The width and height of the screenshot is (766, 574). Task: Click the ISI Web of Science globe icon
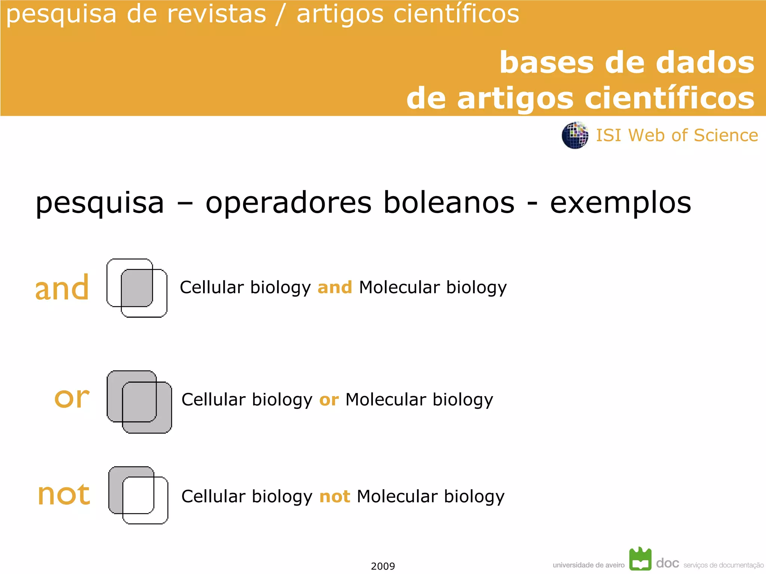pos(575,135)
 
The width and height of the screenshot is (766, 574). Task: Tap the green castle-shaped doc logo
pos(640,559)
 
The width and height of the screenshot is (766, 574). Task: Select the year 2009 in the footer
pos(383,566)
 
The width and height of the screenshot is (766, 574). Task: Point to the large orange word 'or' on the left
pos(72,398)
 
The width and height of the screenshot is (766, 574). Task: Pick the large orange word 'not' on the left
pos(64,494)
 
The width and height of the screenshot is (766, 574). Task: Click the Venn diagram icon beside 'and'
pos(137,288)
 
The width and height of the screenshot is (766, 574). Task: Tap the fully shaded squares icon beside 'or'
pos(139,402)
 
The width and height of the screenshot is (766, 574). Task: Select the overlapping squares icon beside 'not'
pos(138,495)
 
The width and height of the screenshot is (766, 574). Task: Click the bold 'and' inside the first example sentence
pos(335,287)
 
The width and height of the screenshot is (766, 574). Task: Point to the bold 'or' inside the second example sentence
pos(329,400)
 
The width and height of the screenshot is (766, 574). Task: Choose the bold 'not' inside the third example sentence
pos(335,497)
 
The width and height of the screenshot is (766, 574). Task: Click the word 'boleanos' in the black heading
pos(449,203)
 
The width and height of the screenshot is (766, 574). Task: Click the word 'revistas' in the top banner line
pos(216,14)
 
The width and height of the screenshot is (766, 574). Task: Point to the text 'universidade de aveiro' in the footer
pos(588,565)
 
